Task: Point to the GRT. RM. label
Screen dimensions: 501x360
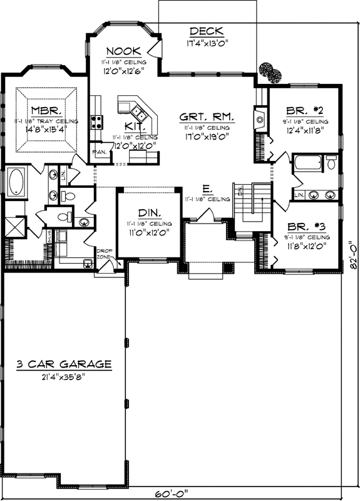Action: coord(207,116)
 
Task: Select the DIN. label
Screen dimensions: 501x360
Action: coord(148,212)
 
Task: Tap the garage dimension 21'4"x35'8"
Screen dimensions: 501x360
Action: coord(64,376)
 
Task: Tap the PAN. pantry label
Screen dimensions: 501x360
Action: coord(98,152)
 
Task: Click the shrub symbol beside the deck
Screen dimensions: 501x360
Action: coord(269,71)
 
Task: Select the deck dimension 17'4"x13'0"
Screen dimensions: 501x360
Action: coord(207,44)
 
